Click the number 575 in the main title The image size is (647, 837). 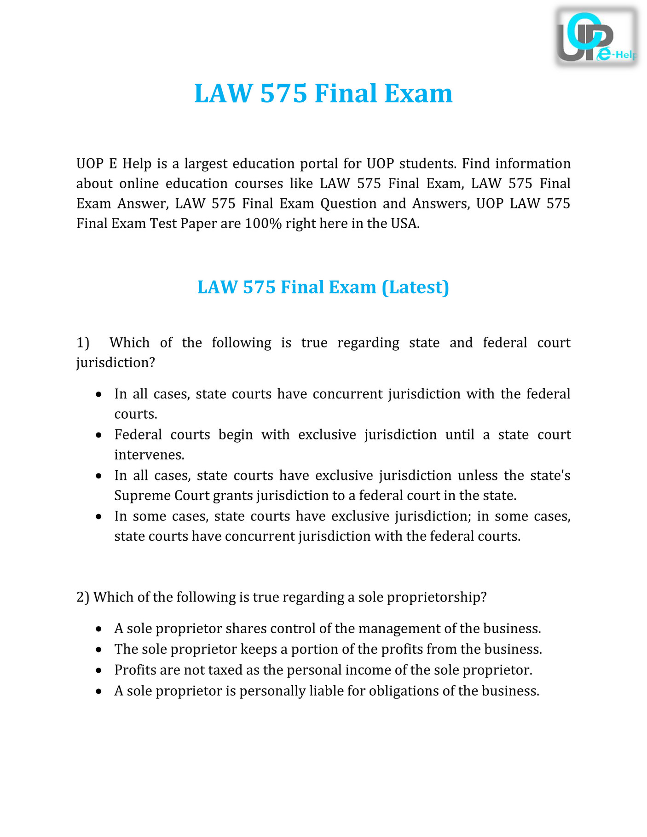[x=283, y=93]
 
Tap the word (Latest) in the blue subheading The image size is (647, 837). [x=415, y=287]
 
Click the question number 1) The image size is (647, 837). [x=83, y=343]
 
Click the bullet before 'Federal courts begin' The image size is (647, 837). [x=98, y=435]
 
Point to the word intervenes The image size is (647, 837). [x=149, y=455]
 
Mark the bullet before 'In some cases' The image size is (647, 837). [x=98, y=517]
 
